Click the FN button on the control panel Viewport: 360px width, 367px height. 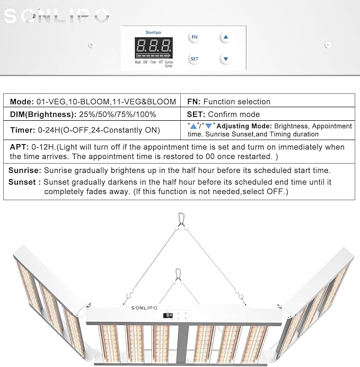(x=195, y=37)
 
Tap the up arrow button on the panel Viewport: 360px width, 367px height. (x=225, y=37)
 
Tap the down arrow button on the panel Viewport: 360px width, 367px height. (x=225, y=59)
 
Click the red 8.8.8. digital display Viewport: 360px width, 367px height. (x=154, y=45)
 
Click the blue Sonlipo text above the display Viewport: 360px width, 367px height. (x=154, y=32)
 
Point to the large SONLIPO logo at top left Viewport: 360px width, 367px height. (x=56, y=16)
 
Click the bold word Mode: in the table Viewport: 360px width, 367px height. (x=21, y=102)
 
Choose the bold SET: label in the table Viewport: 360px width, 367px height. (x=196, y=114)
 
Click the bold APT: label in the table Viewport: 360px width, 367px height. (x=19, y=147)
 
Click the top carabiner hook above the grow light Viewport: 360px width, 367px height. (x=181, y=218)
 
